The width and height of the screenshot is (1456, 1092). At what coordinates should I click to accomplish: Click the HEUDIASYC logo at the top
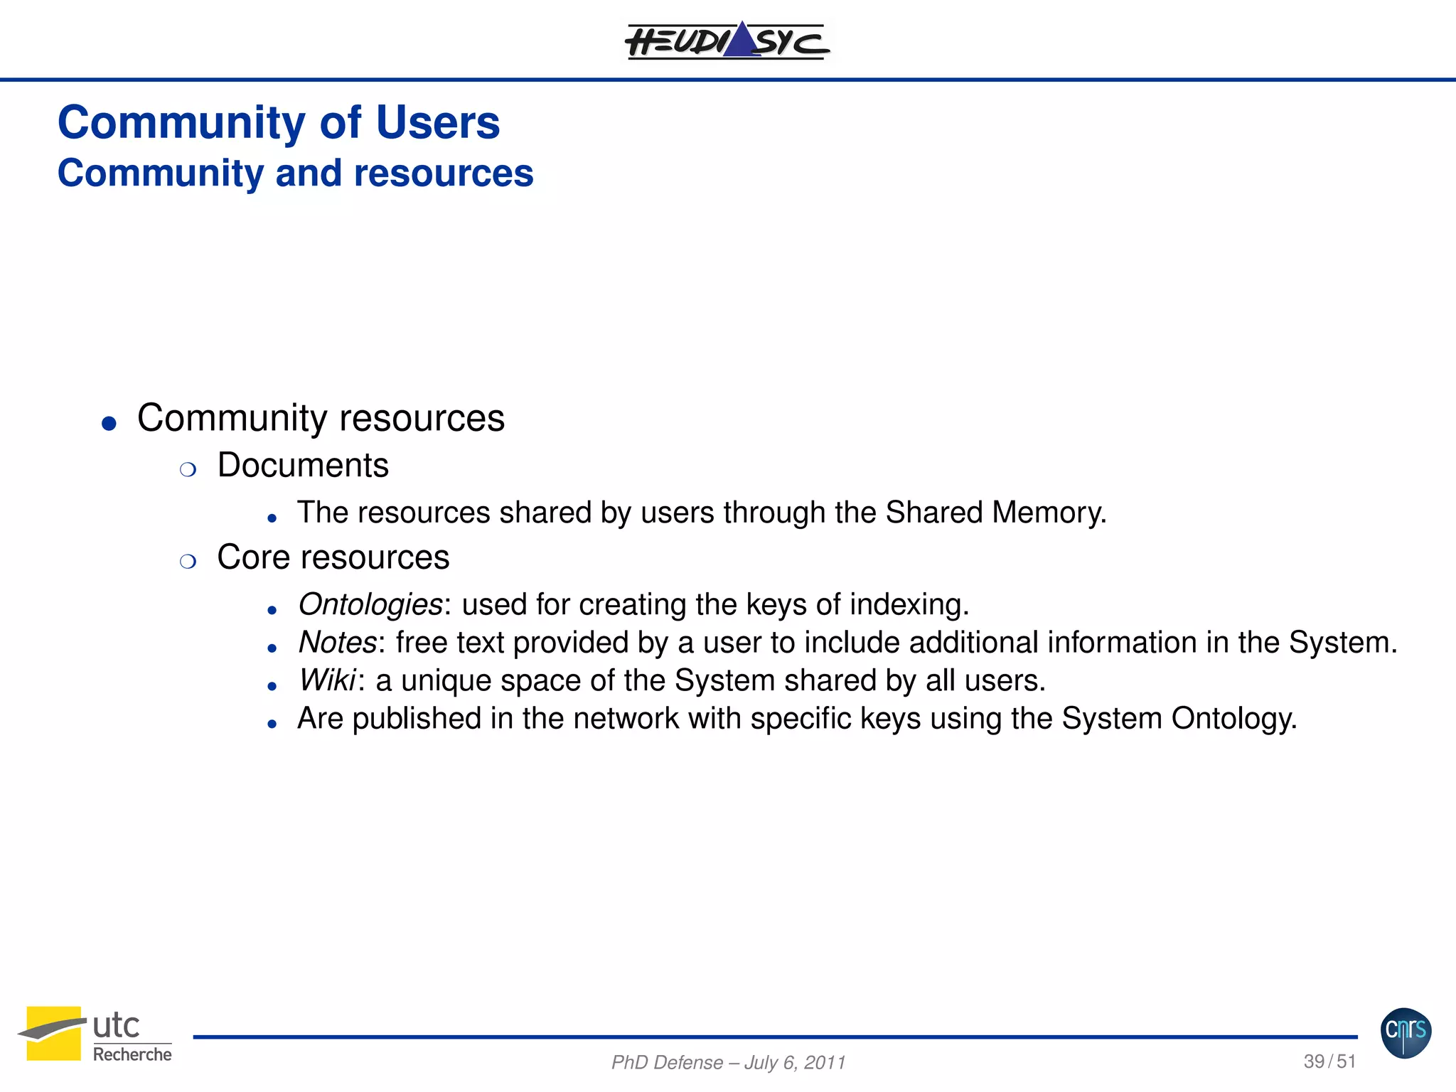727,41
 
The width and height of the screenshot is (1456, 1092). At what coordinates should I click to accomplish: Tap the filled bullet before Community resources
109,424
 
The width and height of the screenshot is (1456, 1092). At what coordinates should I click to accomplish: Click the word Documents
303,466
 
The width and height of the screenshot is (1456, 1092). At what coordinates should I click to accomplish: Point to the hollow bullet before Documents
188,470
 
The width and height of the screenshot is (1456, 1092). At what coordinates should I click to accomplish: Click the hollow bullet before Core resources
188,562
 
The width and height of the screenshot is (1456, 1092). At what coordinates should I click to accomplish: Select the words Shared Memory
995,513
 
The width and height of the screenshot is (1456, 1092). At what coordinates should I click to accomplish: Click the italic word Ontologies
370,604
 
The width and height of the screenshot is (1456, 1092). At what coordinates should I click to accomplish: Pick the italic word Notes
337,643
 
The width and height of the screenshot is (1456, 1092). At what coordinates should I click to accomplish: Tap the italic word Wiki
327,680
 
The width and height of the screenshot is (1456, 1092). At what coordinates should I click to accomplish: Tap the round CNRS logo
1406,1032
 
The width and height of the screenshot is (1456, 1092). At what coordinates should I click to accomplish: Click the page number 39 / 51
1329,1061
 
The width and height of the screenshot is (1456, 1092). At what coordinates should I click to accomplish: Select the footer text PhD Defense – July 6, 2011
728,1062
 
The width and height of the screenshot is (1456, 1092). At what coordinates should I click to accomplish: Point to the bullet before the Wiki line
272,686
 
